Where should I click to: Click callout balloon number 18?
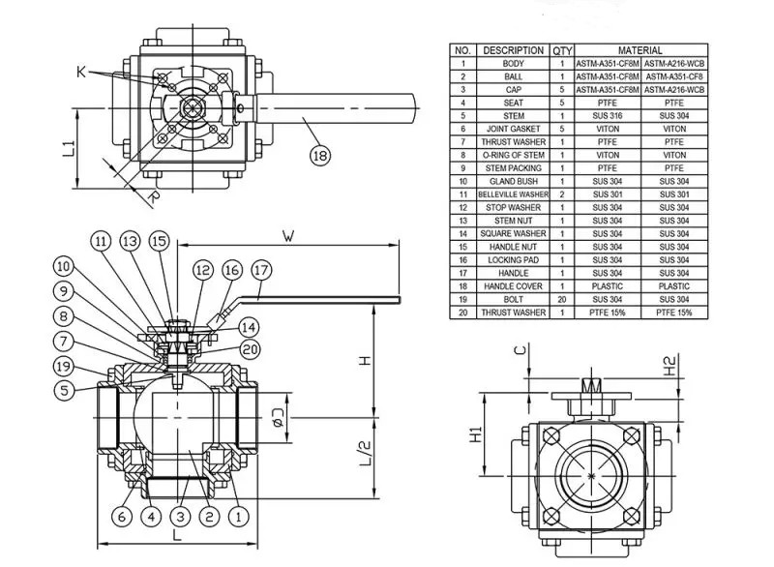318,155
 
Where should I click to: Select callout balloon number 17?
262,272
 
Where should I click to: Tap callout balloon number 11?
102,241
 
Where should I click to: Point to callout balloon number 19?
63,366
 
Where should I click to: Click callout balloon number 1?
235,517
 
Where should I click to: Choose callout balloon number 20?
249,348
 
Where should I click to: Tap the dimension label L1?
69,148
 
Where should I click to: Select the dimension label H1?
476,435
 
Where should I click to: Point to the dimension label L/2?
366,451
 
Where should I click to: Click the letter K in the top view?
81,71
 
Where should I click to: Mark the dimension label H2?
670,365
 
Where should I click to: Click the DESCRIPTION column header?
513,50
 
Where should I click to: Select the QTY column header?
561,50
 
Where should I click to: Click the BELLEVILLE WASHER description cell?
513,194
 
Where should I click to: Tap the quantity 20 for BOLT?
561,299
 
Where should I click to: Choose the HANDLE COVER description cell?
513,286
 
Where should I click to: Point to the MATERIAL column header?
640,50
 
